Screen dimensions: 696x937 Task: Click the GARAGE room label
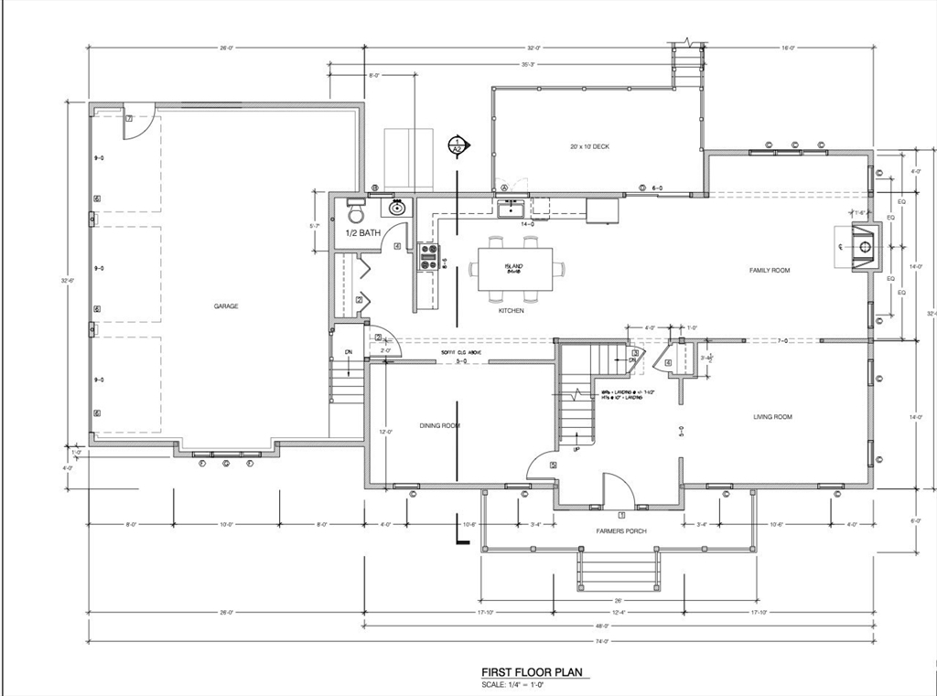coord(226,306)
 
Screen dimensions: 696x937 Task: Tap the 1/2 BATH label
coord(362,233)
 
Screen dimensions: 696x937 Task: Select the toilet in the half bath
coord(355,212)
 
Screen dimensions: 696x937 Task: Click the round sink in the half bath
coord(398,208)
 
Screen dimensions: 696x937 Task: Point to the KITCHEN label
coord(511,311)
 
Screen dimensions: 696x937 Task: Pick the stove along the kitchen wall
coord(428,257)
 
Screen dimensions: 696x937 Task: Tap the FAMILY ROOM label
coord(769,271)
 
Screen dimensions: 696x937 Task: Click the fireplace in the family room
coord(863,246)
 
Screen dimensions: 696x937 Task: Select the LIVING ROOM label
coord(772,417)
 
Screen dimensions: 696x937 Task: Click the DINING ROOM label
coord(439,426)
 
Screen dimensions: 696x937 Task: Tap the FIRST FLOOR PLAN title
coord(532,672)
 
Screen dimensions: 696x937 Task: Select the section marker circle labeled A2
coord(457,145)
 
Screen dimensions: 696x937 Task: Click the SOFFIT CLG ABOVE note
coord(460,353)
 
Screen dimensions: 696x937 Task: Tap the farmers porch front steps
coord(617,570)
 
